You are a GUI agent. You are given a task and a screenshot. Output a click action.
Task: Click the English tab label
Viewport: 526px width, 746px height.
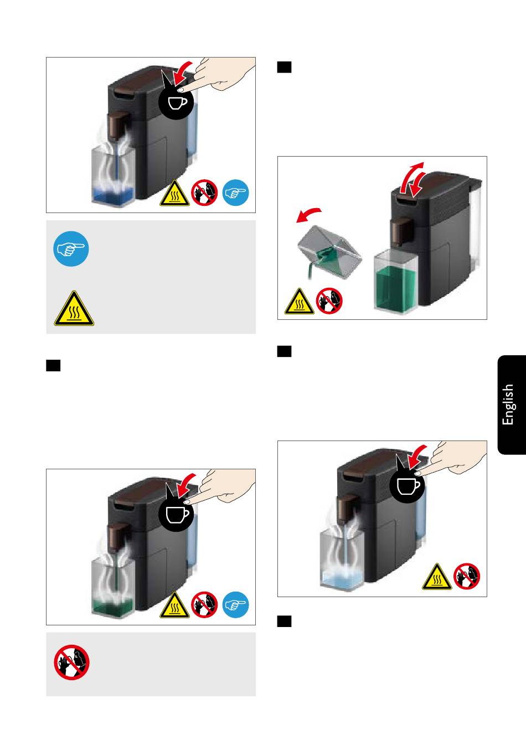tap(508, 405)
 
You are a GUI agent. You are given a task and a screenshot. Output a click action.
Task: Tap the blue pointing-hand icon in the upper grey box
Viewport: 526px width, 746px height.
tap(71, 249)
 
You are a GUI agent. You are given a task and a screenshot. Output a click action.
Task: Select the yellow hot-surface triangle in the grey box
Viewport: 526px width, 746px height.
tap(74, 308)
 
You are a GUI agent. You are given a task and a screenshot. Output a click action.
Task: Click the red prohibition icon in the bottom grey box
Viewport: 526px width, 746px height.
tap(71, 662)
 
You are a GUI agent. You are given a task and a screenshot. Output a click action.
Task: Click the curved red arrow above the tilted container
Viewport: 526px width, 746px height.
tap(308, 215)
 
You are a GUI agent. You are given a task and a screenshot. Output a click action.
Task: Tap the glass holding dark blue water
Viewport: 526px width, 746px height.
tap(114, 177)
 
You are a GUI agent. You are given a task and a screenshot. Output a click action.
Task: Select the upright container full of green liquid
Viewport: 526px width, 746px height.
tap(395, 281)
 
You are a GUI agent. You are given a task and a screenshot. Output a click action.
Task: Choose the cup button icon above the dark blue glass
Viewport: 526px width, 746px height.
tap(176, 102)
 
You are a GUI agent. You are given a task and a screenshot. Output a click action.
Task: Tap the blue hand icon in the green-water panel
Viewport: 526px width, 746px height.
tap(235, 605)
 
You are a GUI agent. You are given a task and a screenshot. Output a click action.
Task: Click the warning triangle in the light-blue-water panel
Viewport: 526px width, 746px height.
tap(437, 577)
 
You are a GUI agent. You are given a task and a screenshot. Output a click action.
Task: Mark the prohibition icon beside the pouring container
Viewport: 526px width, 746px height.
tap(329, 301)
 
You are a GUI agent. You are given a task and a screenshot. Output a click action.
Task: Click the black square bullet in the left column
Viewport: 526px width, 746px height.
tap(53, 365)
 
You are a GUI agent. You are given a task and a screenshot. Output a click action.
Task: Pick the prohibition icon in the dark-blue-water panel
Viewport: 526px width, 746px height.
tap(204, 193)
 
